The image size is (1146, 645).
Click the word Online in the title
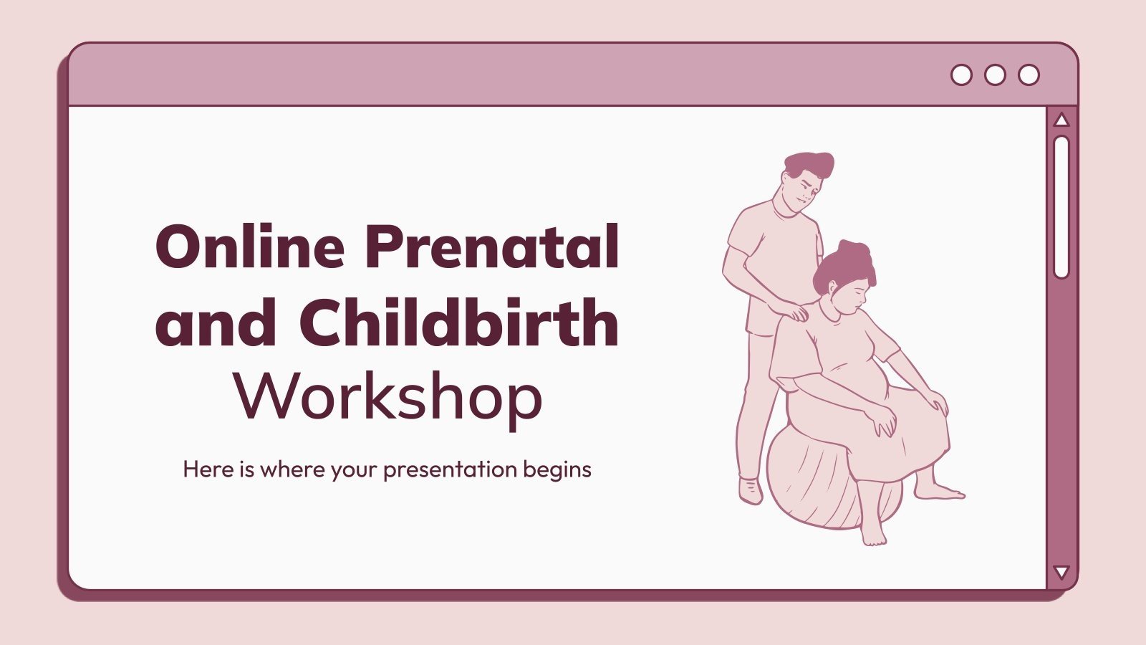[x=251, y=247]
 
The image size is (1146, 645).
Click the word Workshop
[x=387, y=398]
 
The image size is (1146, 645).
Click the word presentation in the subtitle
[x=450, y=470]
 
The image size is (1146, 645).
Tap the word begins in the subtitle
[x=557, y=470]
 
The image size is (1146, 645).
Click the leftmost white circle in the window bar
[x=961, y=75]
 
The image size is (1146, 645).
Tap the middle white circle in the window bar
[x=995, y=75]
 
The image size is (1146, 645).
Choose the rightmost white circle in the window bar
[x=1029, y=75]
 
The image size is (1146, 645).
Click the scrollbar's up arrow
[x=1061, y=120]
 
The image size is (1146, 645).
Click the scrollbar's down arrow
[x=1061, y=572]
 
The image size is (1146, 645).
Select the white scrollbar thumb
[x=1061, y=206]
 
